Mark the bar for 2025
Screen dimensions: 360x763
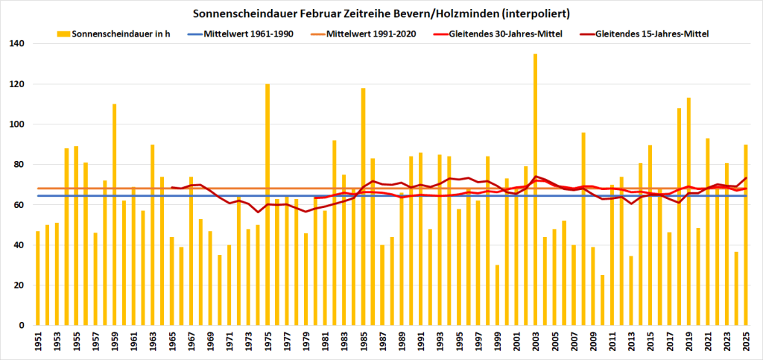tap(746, 235)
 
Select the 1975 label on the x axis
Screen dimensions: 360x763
tap(267, 341)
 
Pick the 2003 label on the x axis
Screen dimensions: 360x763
tap(535, 341)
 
